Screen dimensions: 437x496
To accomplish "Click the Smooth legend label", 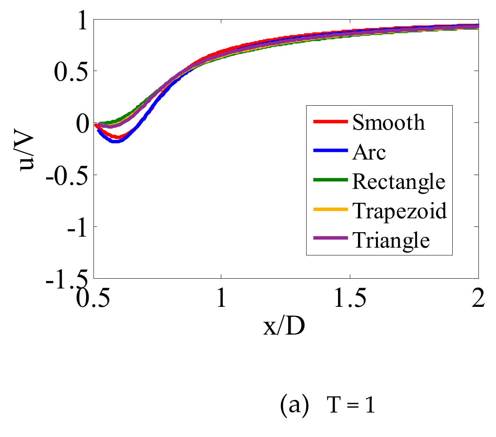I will coord(388,122).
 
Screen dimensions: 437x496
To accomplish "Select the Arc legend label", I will coord(369,152).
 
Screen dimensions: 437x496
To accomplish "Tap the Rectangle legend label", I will coord(398,181).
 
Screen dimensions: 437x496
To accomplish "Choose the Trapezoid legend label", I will coord(400,211).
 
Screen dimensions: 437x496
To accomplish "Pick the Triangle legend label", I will coord(391,240).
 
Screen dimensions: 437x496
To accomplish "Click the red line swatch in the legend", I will coord(330,122).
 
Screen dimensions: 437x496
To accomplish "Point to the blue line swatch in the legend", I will coord(330,151).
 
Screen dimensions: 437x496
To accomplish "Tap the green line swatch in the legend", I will coord(330,180).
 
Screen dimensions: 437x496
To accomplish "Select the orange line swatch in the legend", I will coord(330,209).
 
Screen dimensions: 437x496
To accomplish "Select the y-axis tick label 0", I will coord(82,124).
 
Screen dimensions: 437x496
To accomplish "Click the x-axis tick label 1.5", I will coord(349,299).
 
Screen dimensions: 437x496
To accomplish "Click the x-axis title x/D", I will coord(284,326).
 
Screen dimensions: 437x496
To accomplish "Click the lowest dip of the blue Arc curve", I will coord(115,142).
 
